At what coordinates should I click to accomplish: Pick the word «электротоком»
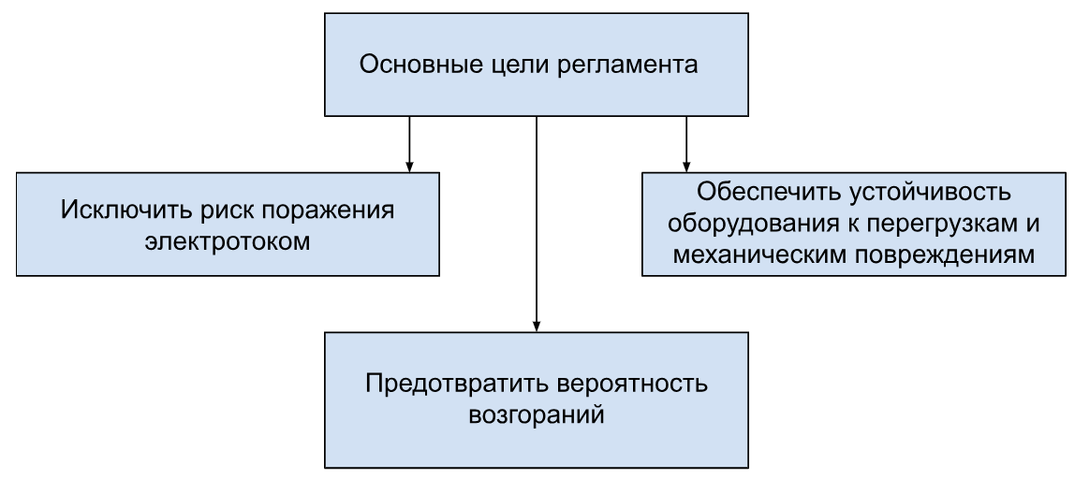pos(228,242)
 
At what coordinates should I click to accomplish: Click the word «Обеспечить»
pos(770,191)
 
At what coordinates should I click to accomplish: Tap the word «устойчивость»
pos(932,193)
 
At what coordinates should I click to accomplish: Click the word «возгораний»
pos(537,415)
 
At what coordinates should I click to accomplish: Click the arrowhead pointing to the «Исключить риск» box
pos(409,167)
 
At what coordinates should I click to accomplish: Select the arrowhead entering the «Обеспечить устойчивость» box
pos(685,167)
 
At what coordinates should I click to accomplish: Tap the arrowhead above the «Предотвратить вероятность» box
pos(537,327)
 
